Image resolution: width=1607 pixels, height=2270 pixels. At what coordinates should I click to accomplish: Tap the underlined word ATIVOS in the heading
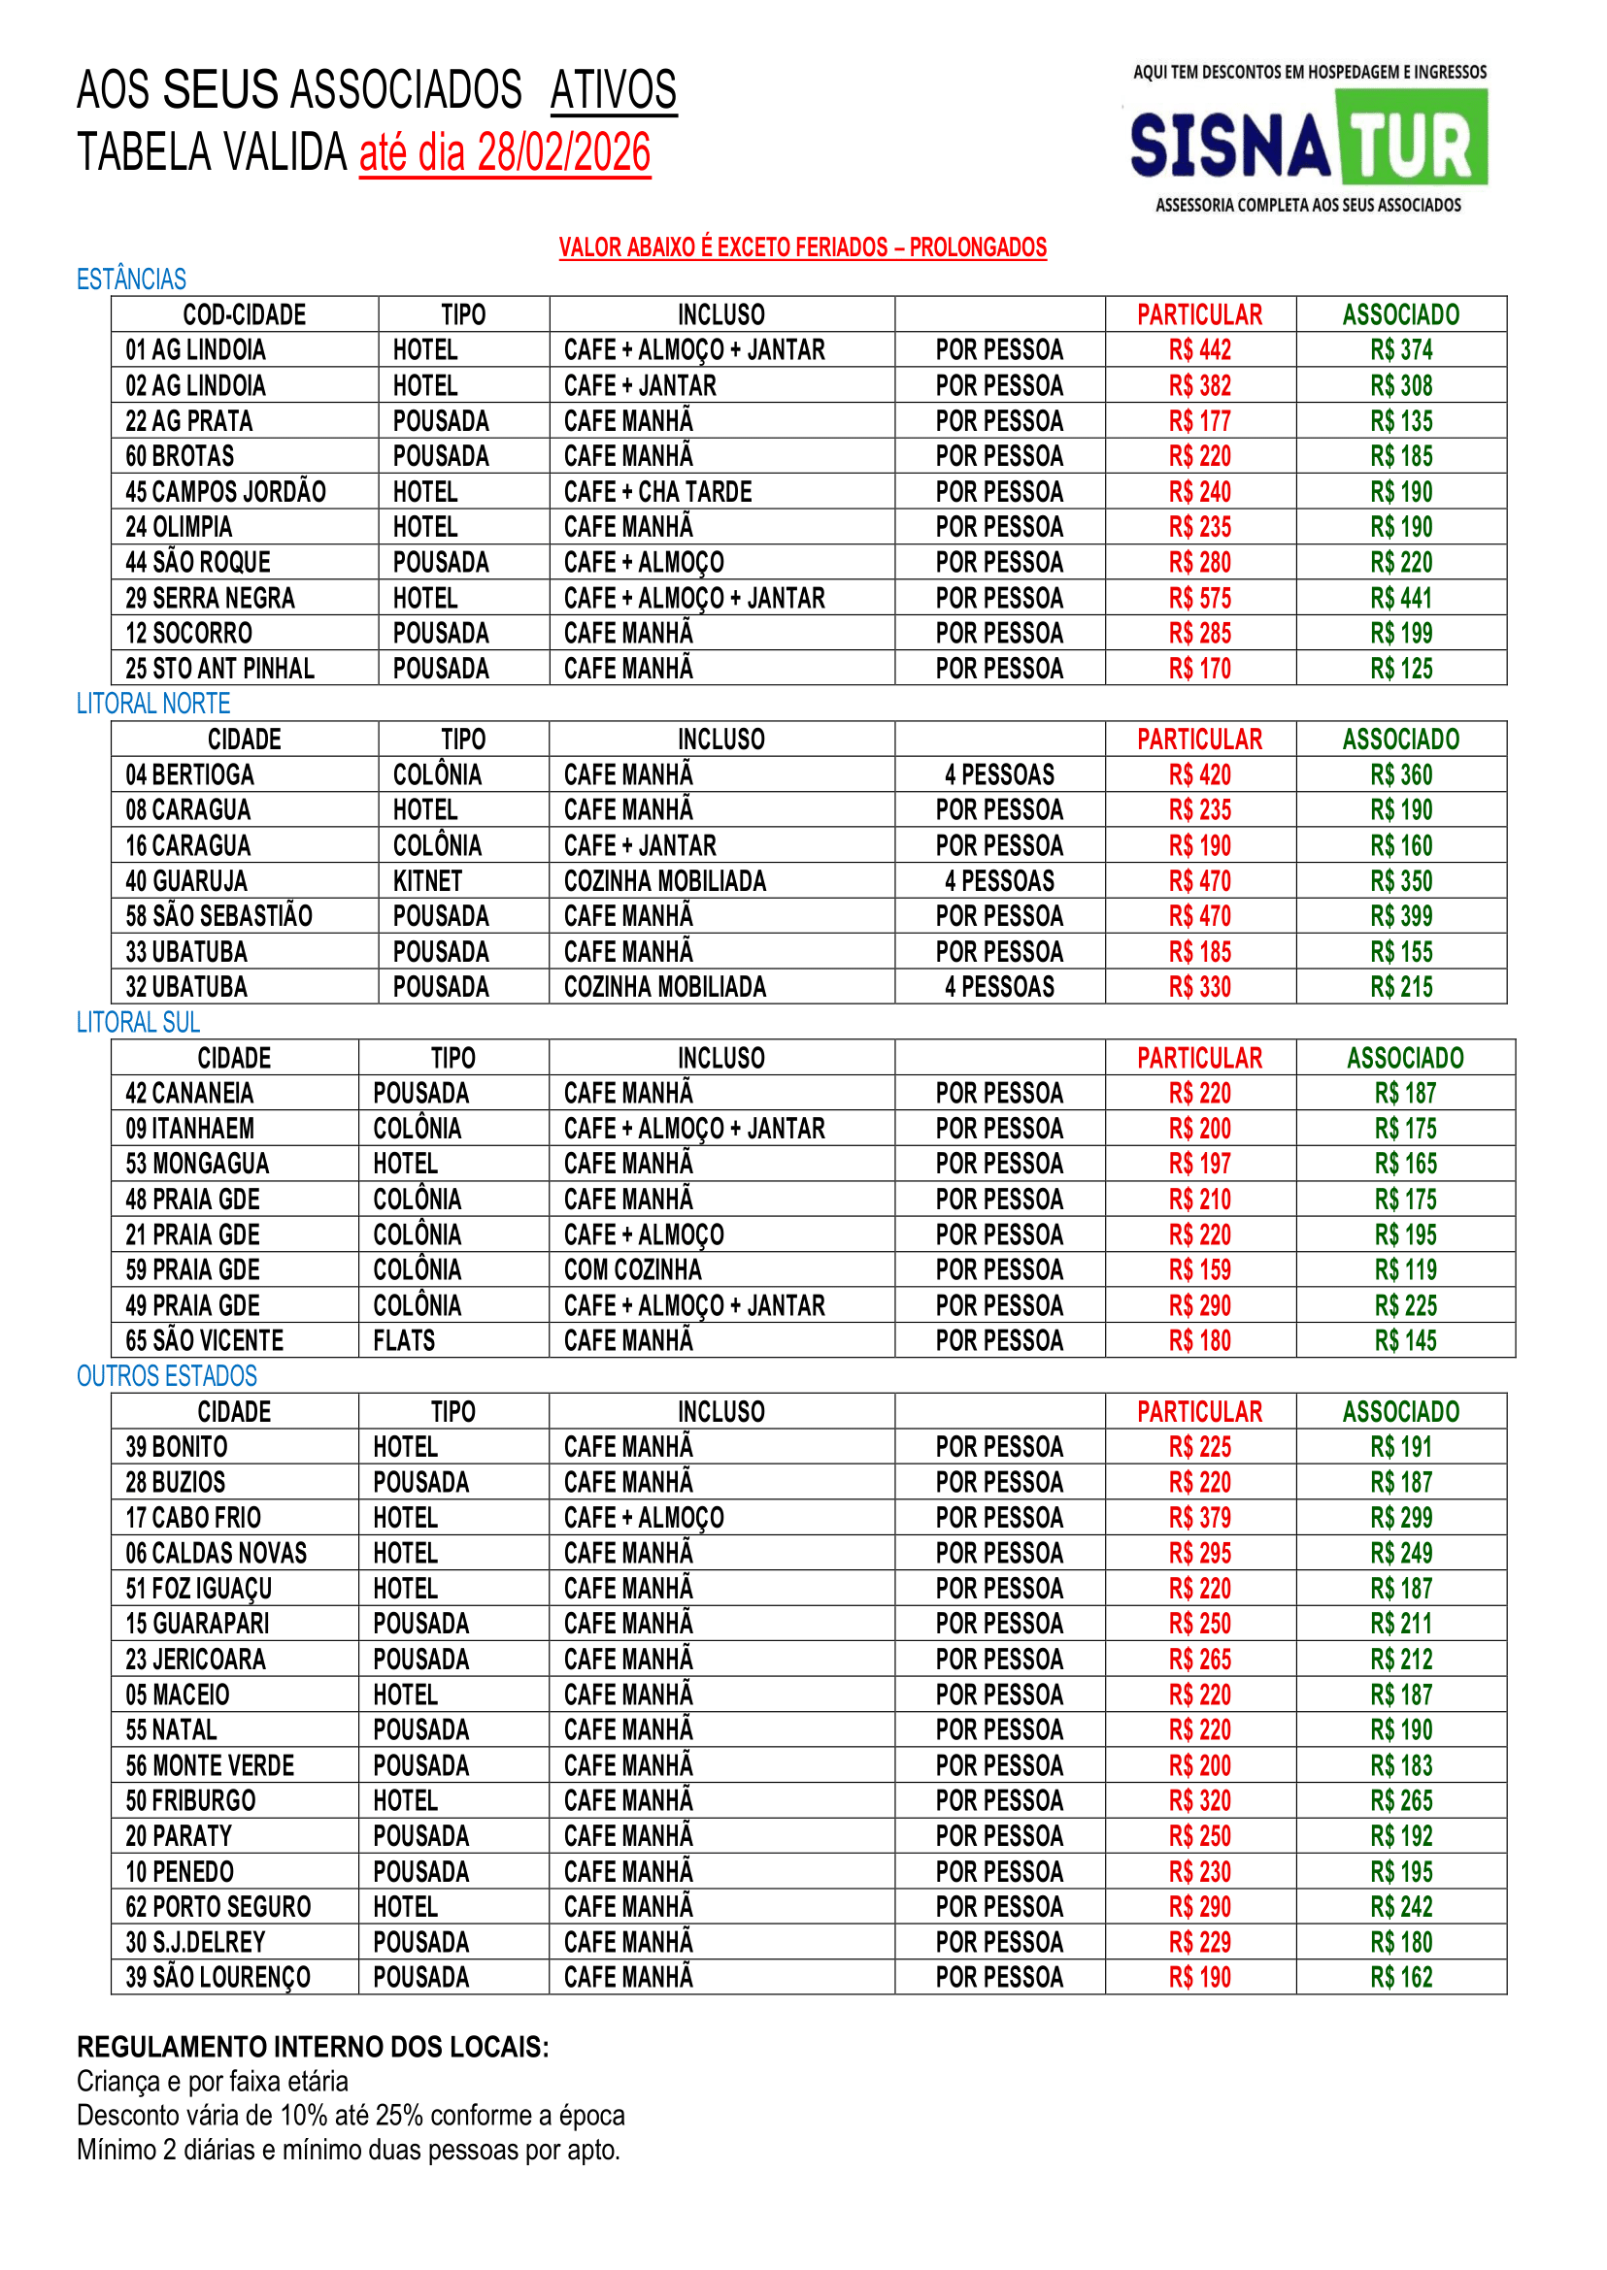[x=614, y=90]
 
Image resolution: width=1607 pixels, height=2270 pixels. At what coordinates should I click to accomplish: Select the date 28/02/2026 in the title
[x=564, y=153]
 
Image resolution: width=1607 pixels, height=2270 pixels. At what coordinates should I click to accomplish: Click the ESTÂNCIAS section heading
[x=132, y=280]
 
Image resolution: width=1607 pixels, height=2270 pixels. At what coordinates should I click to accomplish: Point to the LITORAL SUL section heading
[x=139, y=1023]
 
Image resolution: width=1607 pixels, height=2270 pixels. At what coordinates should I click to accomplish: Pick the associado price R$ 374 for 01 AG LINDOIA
[x=1401, y=350]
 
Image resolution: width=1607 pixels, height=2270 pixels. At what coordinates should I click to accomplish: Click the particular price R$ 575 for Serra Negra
[x=1199, y=599]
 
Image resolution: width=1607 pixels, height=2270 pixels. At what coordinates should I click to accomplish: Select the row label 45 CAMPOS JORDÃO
[x=225, y=492]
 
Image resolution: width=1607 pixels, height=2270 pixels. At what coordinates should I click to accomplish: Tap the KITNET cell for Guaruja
[x=427, y=881]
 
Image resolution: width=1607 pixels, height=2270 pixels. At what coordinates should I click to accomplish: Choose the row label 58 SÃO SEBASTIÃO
[x=218, y=916]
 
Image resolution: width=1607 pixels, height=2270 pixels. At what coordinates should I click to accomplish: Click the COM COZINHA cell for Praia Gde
[x=632, y=1270]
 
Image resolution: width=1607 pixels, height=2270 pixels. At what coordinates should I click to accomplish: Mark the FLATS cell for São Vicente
[x=404, y=1341]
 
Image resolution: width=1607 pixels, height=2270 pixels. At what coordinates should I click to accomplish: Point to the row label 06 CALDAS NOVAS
[x=216, y=1553]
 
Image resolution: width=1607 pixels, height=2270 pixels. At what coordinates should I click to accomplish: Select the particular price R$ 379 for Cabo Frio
[x=1199, y=1518]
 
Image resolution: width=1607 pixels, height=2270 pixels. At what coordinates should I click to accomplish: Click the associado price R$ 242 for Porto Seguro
[x=1401, y=1907]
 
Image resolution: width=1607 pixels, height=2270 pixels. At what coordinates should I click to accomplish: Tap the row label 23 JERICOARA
[x=196, y=1660]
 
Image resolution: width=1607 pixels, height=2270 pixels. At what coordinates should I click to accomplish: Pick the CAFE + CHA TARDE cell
[x=657, y=492]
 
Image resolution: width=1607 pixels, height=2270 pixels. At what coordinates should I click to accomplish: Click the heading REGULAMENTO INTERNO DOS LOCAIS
[x=313, y=2047]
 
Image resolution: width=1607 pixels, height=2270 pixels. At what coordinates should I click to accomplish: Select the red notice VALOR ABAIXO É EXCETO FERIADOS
[x=802, y=247]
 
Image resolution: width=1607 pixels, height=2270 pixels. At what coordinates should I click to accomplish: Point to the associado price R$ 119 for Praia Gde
[x=1405, y=1270]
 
